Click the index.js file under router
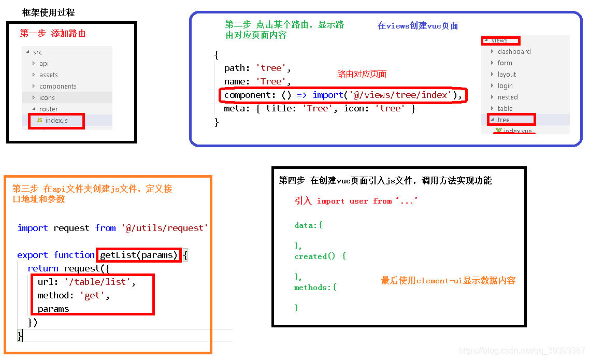click(x=56, y=121)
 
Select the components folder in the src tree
click(x=57, y=87)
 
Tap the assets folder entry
click(x=48, y=75)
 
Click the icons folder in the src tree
click(x=47, y=98)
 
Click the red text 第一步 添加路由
click(x=53, y=34)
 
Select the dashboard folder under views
click(x=514, y=52)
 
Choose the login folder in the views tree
click(x=505, y=86)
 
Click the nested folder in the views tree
click(x=508, y=97)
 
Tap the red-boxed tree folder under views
click(x=503, y=120)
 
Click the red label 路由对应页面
click(x=362, y=74)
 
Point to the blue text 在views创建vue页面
click(x=418, y=26)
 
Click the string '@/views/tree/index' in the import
click(x=399, y=95)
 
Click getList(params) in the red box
click(x=139, y=255)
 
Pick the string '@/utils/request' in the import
click(x=165, y=228)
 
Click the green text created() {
click(x=320, y=256)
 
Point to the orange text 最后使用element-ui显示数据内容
click(x=448, y=281)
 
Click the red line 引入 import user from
click(x=356, y=201)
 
